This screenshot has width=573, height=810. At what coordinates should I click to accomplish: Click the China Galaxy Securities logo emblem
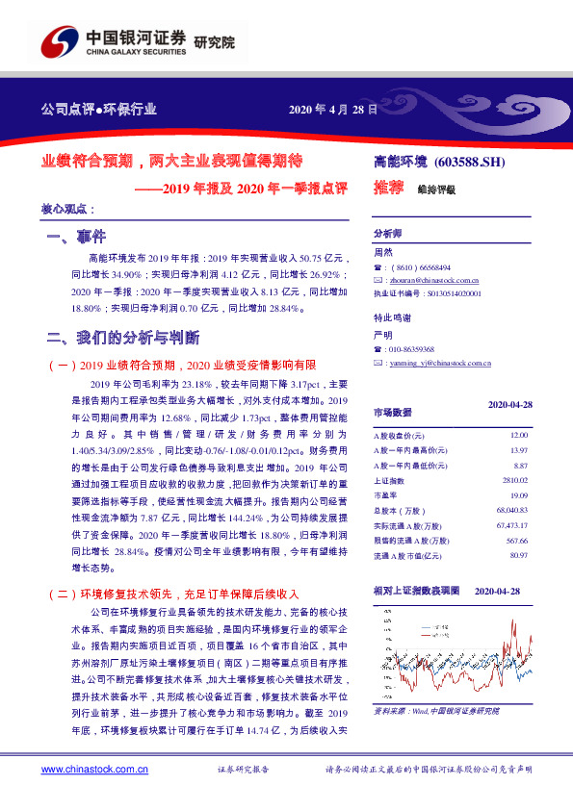tap(60, 43)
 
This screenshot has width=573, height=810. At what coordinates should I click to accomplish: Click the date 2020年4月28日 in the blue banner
tap(333, 109)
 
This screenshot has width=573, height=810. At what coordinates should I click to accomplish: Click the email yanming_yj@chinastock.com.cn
tap(430, 363)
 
